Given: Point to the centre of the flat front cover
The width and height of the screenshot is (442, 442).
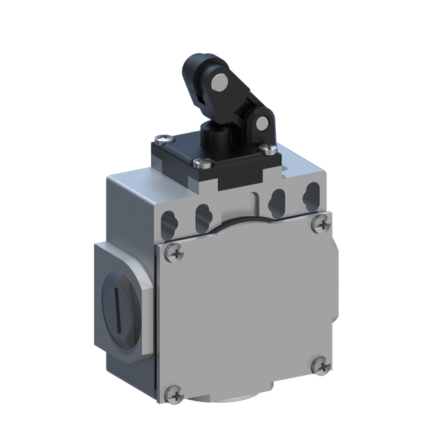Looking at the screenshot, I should click(246, 309).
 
